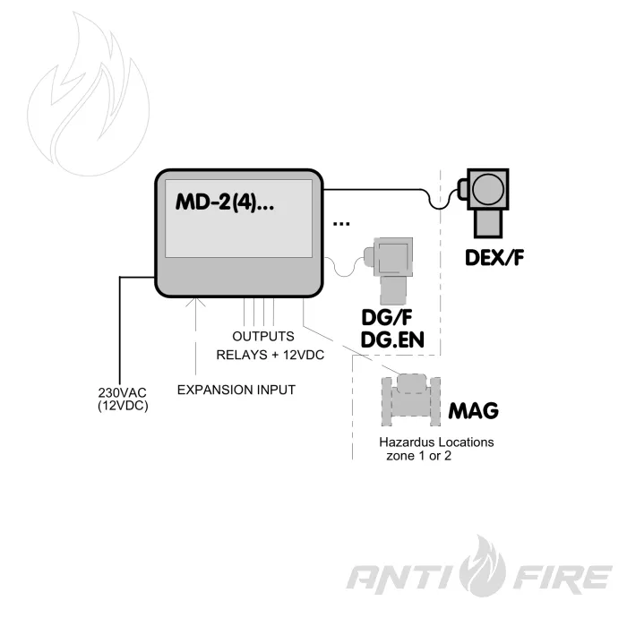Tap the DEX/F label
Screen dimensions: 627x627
pos(494,258)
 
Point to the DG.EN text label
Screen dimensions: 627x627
pos(392,340)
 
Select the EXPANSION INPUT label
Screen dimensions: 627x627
pos(236,390)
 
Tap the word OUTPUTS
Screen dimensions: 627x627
pos(263,336)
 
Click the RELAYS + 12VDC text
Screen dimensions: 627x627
pos(270,355)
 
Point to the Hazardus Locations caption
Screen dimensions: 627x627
pos(436,442)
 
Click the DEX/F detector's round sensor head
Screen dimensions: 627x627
pos(489,189)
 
